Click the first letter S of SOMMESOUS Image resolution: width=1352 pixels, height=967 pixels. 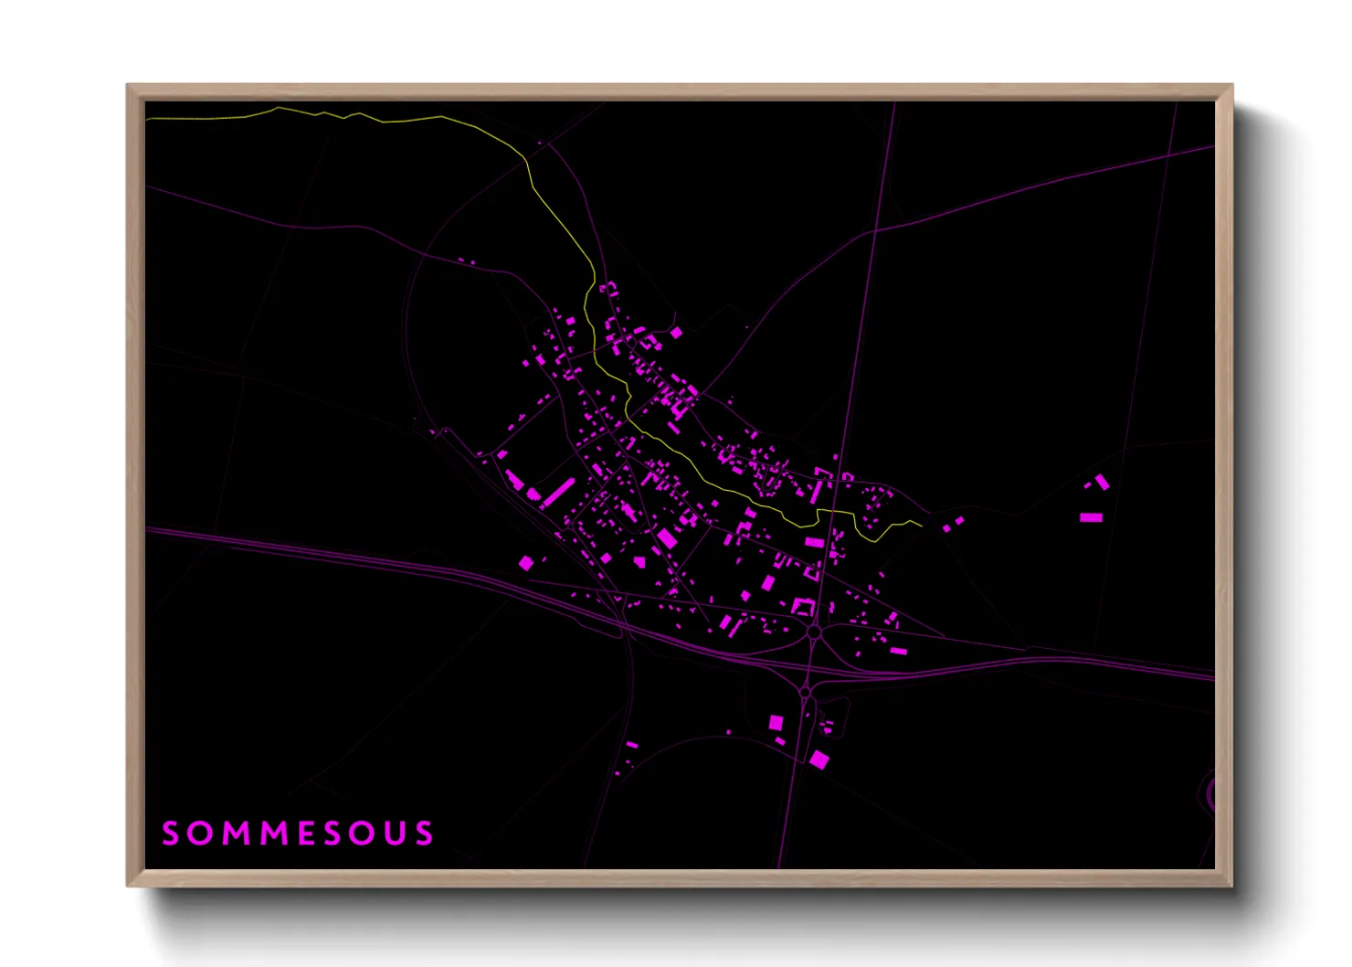170,834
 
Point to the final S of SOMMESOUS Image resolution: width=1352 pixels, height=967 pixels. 425,834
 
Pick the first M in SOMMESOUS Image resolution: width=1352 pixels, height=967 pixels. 231,834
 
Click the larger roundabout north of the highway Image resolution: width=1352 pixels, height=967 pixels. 814,632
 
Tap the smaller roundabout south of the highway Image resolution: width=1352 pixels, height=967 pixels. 806,694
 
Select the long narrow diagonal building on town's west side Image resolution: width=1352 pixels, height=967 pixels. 557,492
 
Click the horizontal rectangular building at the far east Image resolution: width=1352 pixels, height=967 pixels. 1091,517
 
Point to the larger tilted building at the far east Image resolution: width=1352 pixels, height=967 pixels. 1103,482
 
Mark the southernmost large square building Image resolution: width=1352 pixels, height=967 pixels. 819,759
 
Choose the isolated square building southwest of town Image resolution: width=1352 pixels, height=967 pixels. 525,563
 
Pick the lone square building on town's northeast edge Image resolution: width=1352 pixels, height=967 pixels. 676,333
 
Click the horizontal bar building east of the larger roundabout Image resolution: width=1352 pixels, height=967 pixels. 898,651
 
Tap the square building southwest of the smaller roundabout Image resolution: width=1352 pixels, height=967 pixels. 776,722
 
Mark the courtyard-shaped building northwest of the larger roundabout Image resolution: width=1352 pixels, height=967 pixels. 803,605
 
